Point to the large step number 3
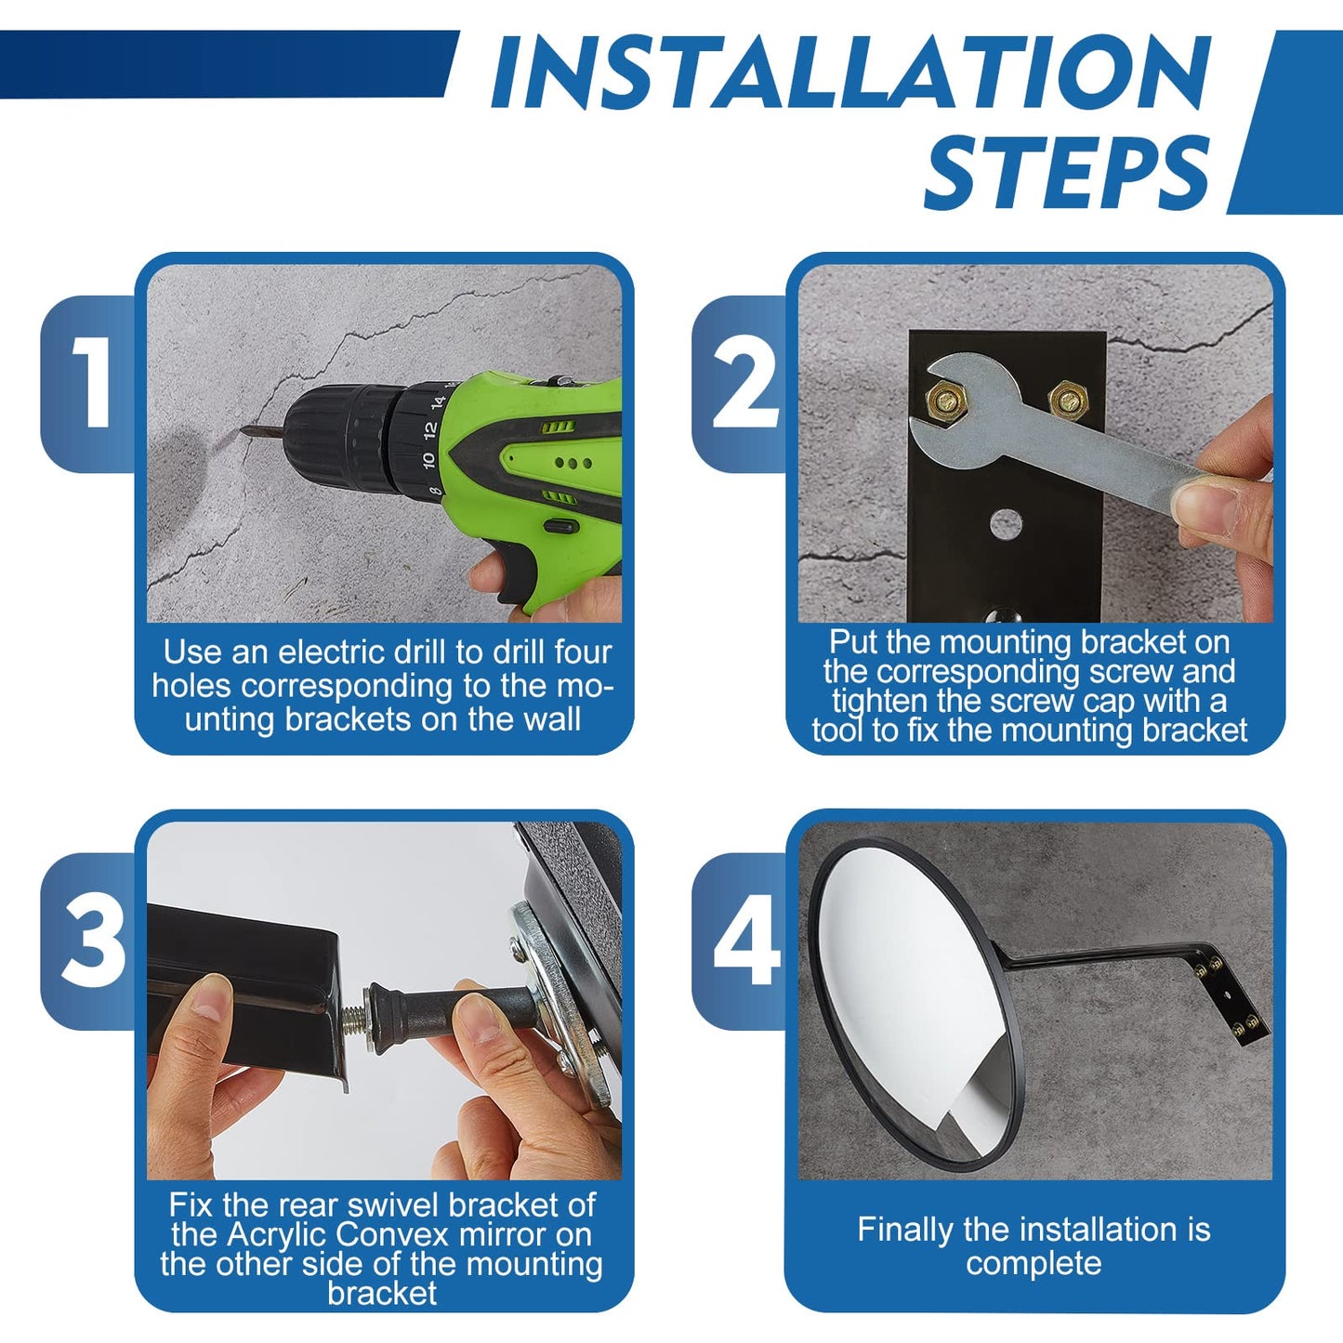(x=94, y=942)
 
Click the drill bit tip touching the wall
(x=244, y=430)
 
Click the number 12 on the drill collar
(x=430, y=429)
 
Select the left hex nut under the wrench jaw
(x=945, y=401)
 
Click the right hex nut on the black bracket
(x=1068, y=401)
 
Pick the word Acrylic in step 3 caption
(x=277, y=1234)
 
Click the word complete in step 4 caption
(x=1034, y=1264)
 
